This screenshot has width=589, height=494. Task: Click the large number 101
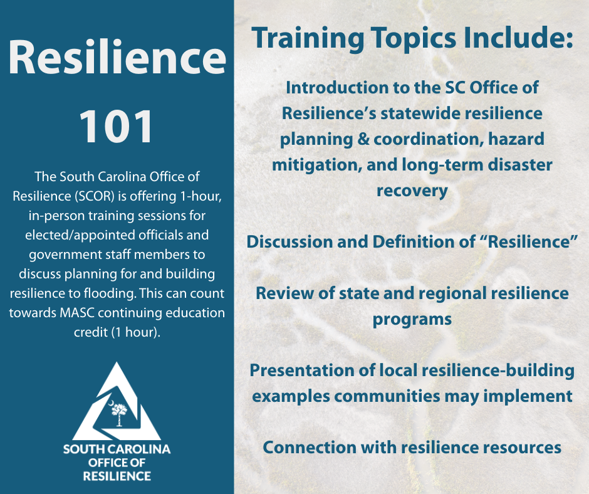pyautogui.click(x=117, y=127)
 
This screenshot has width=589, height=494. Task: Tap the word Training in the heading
pyautogui.click(x=308, y=39)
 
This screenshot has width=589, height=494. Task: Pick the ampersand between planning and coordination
pyautogui.click(x=363, y=139)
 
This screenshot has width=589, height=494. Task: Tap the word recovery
pyautogui.click(x=412, y=191)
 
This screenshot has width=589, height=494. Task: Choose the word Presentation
pyautogui.click(x=301, y=370)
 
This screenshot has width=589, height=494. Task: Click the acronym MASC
pyautogui.click(x=76, y=313)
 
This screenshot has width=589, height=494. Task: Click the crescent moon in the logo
pyautogui.click(x=111, y=404)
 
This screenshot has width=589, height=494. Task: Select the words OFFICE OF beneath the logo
pyautogui.click(x=117, y=463)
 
